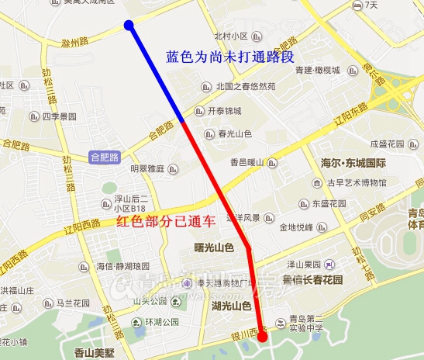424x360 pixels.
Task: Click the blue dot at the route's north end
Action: point(129,26)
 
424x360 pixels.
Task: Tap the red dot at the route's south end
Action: point(262,337)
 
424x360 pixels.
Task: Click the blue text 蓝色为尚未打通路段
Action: point(230,57)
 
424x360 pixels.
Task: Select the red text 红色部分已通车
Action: point(165,223)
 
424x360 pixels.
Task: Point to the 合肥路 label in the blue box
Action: point(104,157)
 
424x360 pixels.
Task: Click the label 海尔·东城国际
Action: point(353,163)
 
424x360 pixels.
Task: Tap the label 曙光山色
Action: point(212,247)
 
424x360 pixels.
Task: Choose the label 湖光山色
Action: point(231,306)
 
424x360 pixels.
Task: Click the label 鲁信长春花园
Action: point(312,279)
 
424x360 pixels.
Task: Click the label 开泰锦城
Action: point(224,111)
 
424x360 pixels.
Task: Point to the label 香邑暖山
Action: point(247,163)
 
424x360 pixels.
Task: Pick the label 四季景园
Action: point(59,117)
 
